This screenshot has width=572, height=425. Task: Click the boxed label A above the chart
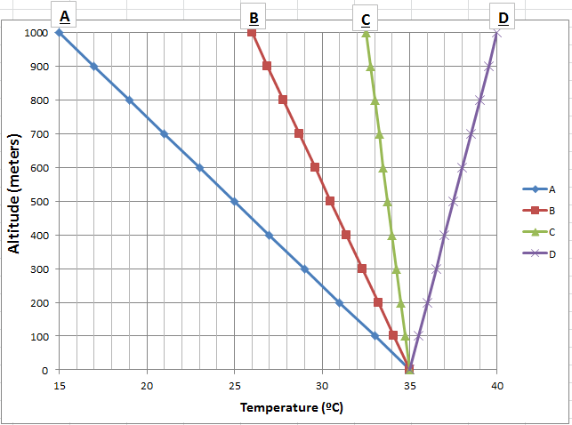point(64,16)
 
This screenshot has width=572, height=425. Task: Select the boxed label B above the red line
point(254,18)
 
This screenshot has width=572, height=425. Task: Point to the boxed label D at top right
point(504,18)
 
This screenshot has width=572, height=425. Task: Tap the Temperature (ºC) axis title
point(292,407)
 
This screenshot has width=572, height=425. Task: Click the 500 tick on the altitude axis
point(41,202)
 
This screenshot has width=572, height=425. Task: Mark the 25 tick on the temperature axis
point(234,385)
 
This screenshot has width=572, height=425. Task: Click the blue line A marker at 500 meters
point(234,201)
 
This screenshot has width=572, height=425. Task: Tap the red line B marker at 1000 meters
point(252,33)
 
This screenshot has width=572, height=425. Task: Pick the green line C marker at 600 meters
point(383,168)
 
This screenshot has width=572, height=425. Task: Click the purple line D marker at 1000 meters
point(496,33)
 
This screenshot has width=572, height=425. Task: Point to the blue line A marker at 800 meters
point(129,100)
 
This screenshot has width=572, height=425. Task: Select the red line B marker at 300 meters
point(361,268)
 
